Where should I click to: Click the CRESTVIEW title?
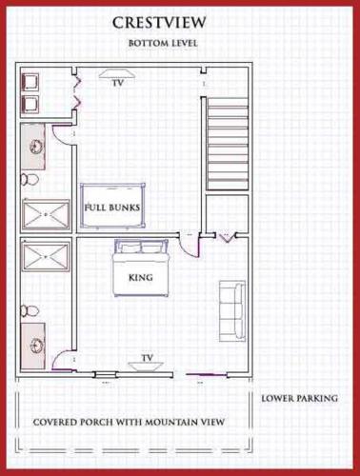[159, 23]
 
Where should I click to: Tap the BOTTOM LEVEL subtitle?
[163, 43]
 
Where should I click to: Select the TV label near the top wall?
[117, 83]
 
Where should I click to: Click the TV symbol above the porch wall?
[147, 366]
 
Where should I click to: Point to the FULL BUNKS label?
[112, 208]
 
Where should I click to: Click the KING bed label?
[141, 278]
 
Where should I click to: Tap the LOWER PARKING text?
[300, 398]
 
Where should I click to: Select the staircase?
[228, 144]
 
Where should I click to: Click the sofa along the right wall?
[232, 311]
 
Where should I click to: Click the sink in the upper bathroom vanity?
[36, 147]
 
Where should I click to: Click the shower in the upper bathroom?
[46, 214]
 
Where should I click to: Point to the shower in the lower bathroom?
[46, 256]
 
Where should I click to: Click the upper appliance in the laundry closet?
[30, 83]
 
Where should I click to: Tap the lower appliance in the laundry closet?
[30, 105]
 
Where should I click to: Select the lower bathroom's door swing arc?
[58, 354]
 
